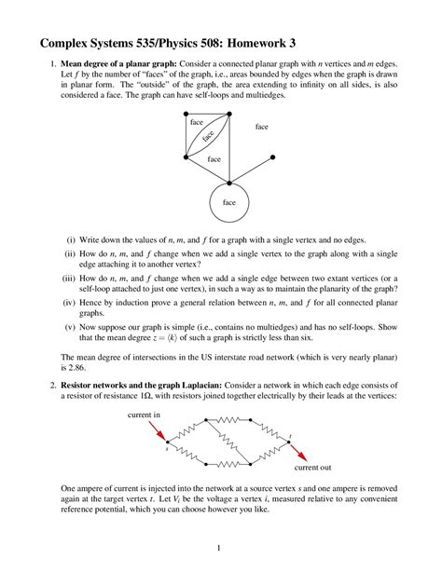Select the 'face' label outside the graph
point(261,126)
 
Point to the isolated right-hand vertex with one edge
point(272,156)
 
